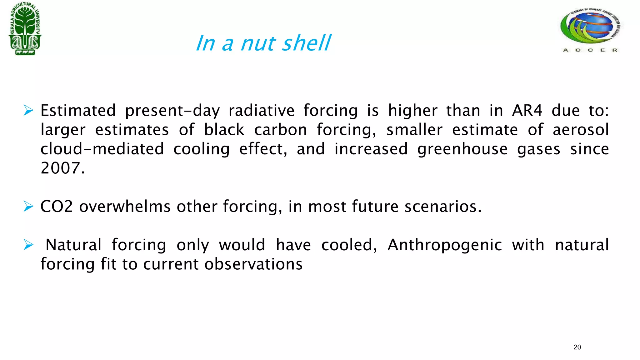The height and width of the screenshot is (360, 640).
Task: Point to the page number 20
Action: point(577,347)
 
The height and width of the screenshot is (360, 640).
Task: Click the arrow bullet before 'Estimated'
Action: point(28,111)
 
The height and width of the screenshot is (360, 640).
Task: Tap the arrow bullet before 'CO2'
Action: point(28,207)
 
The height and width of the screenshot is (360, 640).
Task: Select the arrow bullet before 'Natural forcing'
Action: point(28,245)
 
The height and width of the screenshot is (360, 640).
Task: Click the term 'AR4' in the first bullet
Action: point(527,111)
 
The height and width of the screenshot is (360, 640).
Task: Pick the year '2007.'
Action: point(62,168)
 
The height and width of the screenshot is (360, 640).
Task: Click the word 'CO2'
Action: point(57,207)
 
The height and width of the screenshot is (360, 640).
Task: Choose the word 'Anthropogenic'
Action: point(445,245)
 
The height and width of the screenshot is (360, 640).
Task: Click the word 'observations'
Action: point(253,264)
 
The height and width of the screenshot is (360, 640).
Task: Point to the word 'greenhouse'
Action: point(462,149)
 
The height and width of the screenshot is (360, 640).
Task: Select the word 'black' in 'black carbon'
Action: point(224,130)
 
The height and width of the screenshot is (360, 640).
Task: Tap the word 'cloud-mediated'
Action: point(102,149)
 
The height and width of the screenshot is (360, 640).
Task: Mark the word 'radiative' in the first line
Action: point(261,111)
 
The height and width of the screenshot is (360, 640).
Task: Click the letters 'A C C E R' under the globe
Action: point(590,50)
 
